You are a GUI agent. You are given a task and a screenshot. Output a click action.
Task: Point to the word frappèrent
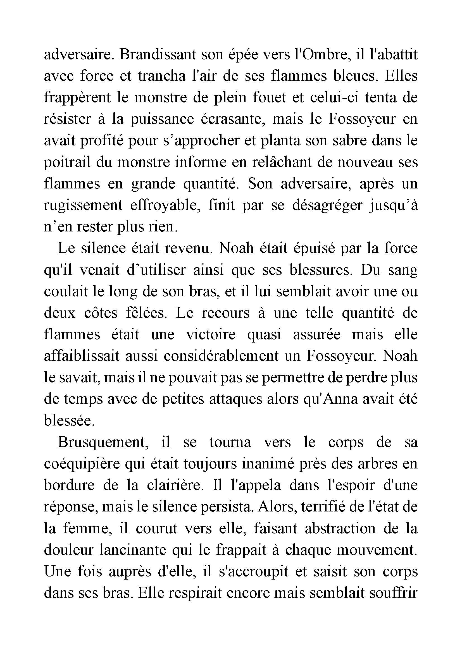click(77, 97)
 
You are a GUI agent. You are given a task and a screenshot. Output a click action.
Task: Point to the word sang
click(403, 270)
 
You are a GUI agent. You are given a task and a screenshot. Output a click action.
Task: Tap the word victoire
click(211, 334)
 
